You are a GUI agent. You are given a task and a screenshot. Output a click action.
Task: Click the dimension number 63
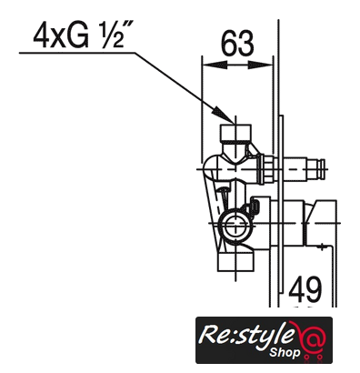pos(237,44)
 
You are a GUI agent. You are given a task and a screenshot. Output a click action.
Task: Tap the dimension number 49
pos(305,289)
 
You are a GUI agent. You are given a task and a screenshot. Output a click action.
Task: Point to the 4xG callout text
pos(61,36)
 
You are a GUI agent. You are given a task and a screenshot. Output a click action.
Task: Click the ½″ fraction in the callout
pos(114,36)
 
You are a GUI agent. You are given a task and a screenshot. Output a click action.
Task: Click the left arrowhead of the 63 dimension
pos(215,65)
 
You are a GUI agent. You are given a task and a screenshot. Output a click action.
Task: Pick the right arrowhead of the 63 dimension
pos(260,65)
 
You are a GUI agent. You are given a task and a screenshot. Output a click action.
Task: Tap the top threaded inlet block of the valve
pos(235,133)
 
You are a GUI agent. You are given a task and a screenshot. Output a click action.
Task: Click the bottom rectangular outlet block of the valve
pos(235,262)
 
